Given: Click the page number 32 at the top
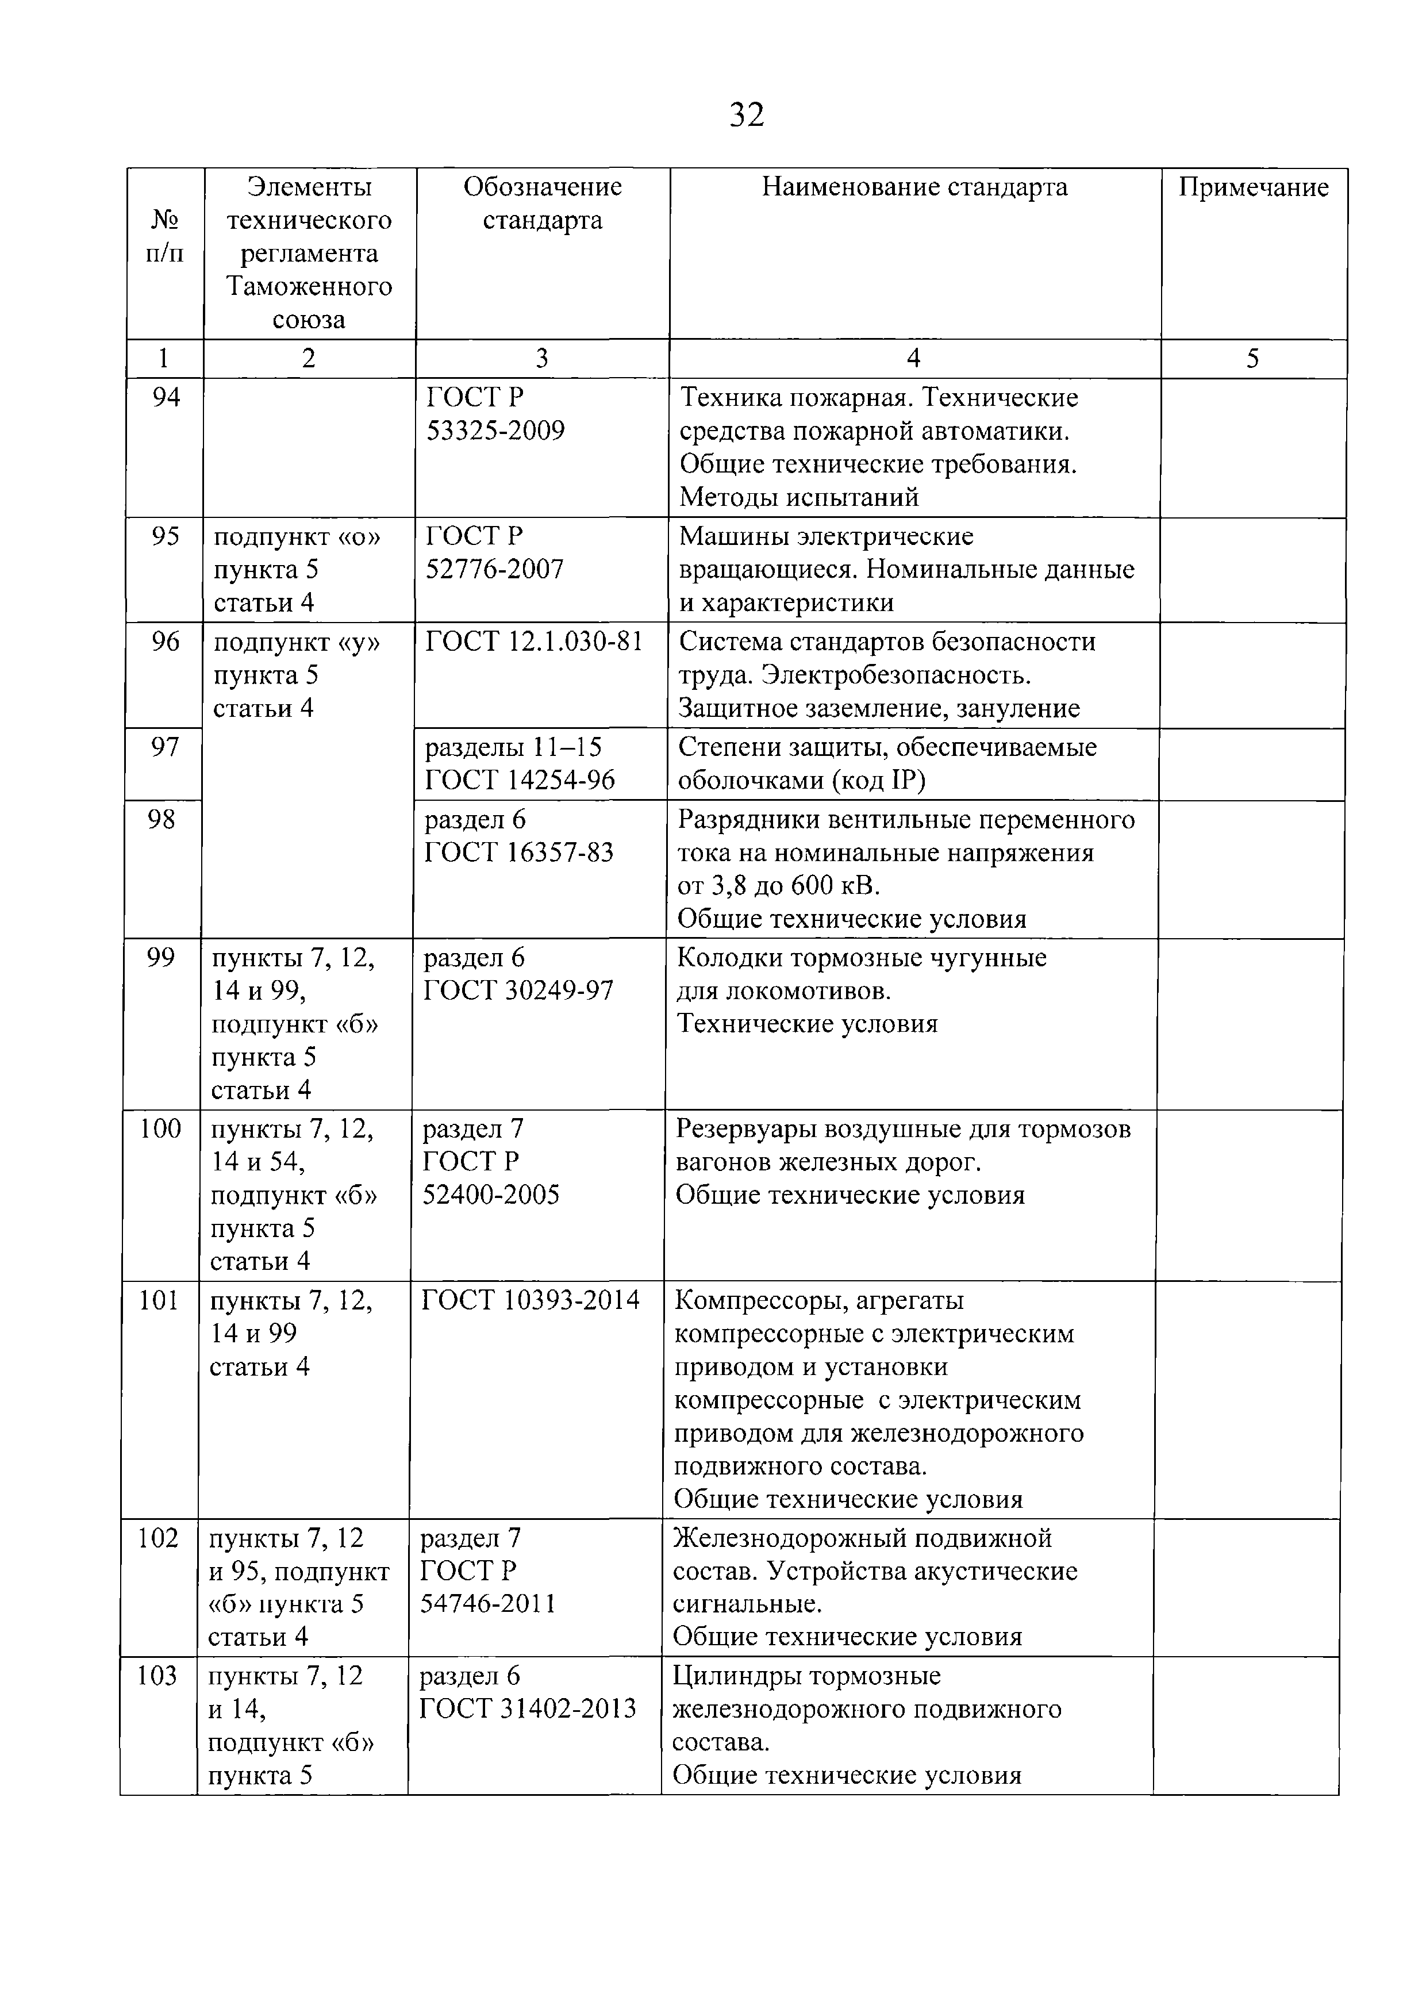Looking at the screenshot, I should pos(747,115).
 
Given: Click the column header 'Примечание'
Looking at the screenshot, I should pos(1253,187).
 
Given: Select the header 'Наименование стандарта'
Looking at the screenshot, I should pos(914,187).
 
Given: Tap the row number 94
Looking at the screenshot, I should pos(166,398).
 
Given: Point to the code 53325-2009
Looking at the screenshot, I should pos(495,431).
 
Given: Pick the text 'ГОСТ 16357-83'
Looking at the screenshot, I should pos(519,853).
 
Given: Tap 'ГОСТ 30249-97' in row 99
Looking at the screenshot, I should pos(518,991).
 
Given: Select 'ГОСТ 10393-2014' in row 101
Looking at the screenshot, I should pos(531,1300).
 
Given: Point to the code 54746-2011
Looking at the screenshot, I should pos(488,1604).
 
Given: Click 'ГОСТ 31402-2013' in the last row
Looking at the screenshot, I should pos(528,1708).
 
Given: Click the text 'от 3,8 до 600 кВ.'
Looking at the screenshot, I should pos(779,886).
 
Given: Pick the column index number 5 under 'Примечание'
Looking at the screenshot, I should pos(1252,358).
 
